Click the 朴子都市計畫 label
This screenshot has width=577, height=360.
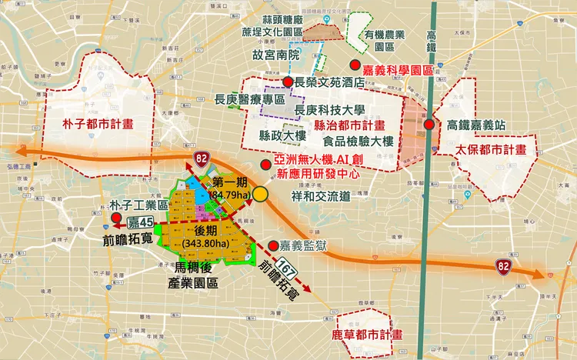[x=98, y=122]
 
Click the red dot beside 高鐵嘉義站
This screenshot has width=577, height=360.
[x=429, y=125]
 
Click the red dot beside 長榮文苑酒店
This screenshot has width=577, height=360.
[x=287, y=82]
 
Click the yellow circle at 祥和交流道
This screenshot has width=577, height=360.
[x=262, y=195]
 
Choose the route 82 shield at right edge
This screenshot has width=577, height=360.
[x=503, y=266]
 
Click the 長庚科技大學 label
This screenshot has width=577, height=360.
[x=329, y=110]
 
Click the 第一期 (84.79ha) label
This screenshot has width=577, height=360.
[x=231, y=188]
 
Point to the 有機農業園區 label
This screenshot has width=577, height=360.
[x=389, y=40]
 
